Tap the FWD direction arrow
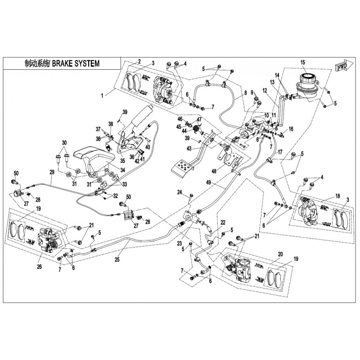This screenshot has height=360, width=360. point(340,67)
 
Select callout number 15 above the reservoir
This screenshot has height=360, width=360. point(302,62)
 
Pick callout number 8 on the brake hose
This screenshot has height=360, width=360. point(246,94)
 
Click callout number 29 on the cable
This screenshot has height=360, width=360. point(52,172)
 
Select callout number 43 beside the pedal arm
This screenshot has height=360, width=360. point(189,149)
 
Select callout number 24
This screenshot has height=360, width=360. point(179,193)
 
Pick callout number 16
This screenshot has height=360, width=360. point(291,129)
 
